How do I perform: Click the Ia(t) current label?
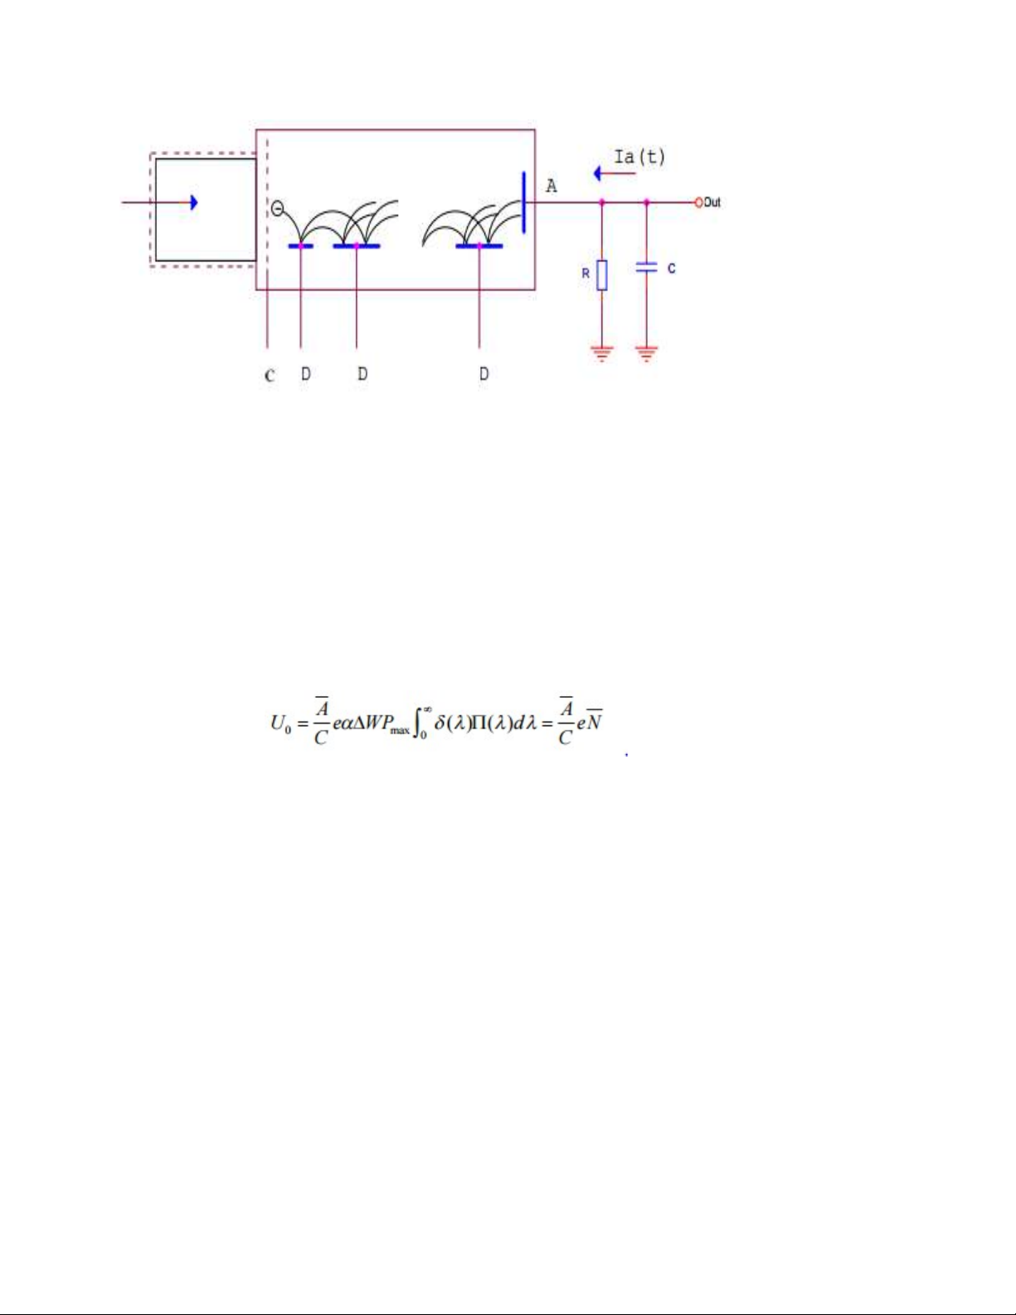(639, 158)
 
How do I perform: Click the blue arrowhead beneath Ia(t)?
(597, 173)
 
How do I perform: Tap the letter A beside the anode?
(552, 186)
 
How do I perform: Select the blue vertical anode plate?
(523, 202)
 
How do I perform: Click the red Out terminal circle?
(698, 202)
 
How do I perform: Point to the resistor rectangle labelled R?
(602, 275)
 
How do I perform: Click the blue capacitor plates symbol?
(646, 267)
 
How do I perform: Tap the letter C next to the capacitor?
(671, 268)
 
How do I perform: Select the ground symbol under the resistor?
(601, 353)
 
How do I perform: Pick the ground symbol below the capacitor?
(646, 353)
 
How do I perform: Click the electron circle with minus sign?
(277, 209)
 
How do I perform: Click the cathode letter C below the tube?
(270, 375)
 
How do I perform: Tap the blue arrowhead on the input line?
(194, 202)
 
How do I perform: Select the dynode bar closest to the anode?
(479, 246)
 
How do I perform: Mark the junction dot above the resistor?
(602, 202)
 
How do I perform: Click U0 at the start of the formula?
(280, 723)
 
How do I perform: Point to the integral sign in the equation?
(416, 723)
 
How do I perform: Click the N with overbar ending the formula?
(594, 721)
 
